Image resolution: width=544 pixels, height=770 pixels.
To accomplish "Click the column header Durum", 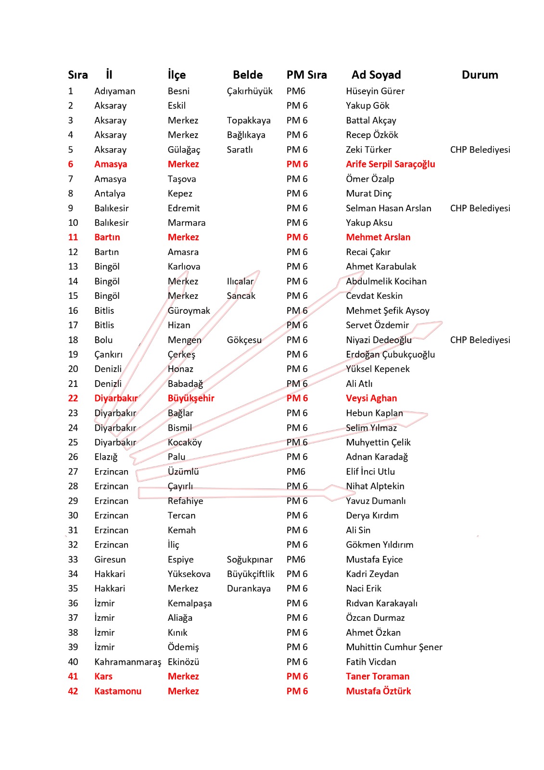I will (480, 75).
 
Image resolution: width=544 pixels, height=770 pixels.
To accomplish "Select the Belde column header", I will (248, 75).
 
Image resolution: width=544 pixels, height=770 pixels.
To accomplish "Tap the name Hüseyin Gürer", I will (375, 91).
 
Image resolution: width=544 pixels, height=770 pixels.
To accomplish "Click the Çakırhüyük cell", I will (250, 91).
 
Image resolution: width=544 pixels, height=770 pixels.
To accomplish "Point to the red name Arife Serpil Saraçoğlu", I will (390, 164).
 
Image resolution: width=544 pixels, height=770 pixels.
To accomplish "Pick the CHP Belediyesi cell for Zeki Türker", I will (480, 150).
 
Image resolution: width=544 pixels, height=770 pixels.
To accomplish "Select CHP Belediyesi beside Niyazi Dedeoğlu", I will (480, 340).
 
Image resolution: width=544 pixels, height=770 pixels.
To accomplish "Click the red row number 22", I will (73, 398).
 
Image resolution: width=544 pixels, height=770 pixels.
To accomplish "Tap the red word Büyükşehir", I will (191, 398).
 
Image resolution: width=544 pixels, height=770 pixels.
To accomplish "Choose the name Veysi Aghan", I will (371, 398).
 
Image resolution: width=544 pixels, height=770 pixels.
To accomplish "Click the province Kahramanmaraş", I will (127, 662).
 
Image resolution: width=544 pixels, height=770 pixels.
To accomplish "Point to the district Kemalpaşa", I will (190, 603).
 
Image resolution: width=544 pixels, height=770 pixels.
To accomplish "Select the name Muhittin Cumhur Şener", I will (394, 647).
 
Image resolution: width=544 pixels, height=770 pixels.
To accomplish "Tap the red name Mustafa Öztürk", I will (379, 692).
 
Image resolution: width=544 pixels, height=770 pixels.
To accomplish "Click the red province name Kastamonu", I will (118, 692).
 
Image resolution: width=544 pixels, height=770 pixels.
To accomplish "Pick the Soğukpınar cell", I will (250, 560).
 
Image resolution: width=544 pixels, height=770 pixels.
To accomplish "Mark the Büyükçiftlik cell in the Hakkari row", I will (251, 574).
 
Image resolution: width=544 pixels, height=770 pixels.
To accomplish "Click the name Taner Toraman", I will (378, 677).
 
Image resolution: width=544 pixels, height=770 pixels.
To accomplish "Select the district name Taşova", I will (182, 179).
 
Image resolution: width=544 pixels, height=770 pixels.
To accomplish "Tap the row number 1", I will (71, 91).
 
